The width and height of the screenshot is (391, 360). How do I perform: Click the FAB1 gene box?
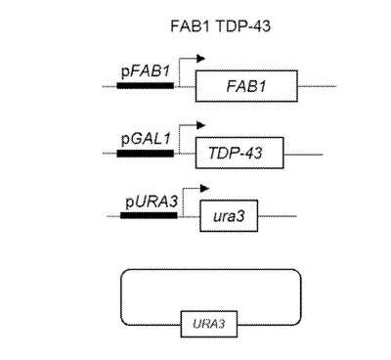(246, 86)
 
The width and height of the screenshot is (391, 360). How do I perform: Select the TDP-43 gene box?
(239, 153)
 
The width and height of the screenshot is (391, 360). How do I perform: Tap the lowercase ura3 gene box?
(229, 216)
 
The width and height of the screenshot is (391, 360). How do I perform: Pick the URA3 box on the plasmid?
(209, 324)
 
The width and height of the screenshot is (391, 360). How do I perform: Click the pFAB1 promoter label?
(146, 71)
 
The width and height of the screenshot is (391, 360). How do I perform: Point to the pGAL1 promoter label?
(146, 139)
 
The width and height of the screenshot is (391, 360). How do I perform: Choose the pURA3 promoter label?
(152, 202)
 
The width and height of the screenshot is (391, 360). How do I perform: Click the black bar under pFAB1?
(146, 86)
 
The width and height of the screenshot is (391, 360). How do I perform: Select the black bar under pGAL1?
(146, 153)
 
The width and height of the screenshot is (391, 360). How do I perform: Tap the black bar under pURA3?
(150, 215)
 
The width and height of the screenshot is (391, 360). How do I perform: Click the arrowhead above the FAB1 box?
(201, 59)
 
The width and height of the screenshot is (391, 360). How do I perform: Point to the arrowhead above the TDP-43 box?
(201, 125)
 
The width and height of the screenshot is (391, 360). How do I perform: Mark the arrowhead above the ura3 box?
(204, 188)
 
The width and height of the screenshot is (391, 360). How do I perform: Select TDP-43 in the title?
(243, 26)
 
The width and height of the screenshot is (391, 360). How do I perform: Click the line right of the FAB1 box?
(317, 86)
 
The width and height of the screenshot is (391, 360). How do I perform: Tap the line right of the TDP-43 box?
(303, 155)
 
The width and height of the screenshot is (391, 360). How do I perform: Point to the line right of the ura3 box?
(278, 216)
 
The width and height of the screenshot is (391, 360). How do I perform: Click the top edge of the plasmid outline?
(211, 270)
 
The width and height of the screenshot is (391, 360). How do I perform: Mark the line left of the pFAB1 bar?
(109, 86)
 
